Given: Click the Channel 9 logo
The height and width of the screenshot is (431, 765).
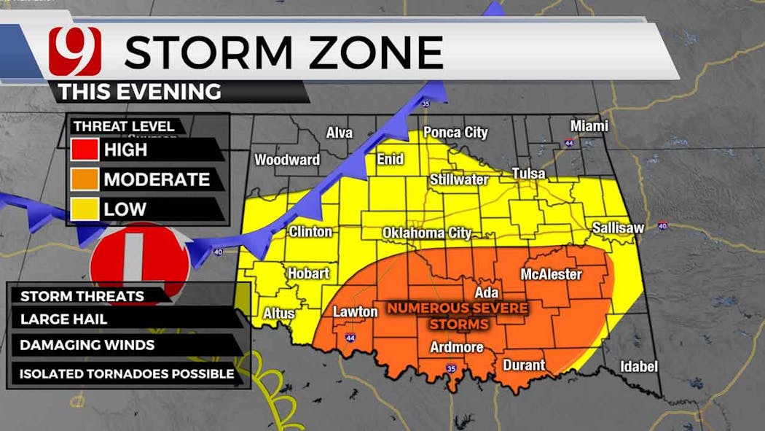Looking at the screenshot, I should click(x=74, y=52).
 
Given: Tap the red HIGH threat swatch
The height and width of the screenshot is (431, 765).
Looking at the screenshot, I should click(x=85, y=150).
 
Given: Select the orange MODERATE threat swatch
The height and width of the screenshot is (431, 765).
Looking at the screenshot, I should click(x=85, y=179).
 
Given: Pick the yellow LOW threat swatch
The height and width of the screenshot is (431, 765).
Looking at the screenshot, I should click(x=85, y=209).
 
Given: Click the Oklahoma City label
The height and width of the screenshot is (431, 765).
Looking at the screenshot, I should click(x=427, y=233).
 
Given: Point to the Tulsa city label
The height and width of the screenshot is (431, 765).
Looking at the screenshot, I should click(x=529, y=174).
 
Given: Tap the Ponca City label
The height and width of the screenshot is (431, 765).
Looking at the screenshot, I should click(x=455, y=133).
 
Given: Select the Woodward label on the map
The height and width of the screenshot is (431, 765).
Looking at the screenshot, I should click(x=287, y=160).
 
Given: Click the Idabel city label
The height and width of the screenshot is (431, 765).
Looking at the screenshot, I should click(x=639, y=366).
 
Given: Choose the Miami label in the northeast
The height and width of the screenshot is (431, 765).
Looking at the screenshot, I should click(x=589, y=126).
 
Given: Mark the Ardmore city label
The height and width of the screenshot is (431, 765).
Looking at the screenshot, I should click(x=456, y=347).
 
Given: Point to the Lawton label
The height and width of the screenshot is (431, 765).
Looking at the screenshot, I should click(x=356, y=312).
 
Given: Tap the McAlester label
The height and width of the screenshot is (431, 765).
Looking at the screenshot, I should click(x=551, y=274).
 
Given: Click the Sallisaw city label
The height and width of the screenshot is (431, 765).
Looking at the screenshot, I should click(x=618, y=228).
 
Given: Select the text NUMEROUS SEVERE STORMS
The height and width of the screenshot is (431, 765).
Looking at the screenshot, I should click(x=457, y=315).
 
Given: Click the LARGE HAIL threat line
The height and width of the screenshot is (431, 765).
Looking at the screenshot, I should click(x=64, y=319).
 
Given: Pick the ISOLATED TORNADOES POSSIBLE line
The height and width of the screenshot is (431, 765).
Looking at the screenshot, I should click(x=127, y=374).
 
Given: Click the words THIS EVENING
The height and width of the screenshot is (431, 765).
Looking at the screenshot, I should click(x=139, y=92).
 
